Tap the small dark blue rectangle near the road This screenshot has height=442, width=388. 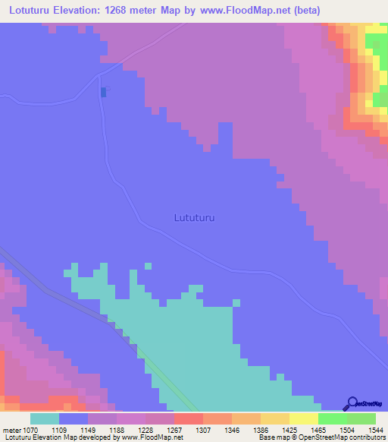click(103, 92)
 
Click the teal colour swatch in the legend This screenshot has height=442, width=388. click(44, 418)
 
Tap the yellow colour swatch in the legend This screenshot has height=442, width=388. click(303, 418)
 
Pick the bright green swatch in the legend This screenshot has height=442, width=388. click(333, 418)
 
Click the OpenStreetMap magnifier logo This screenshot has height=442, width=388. click(352, 403)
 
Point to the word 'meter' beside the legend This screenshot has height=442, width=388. click(13, 429)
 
